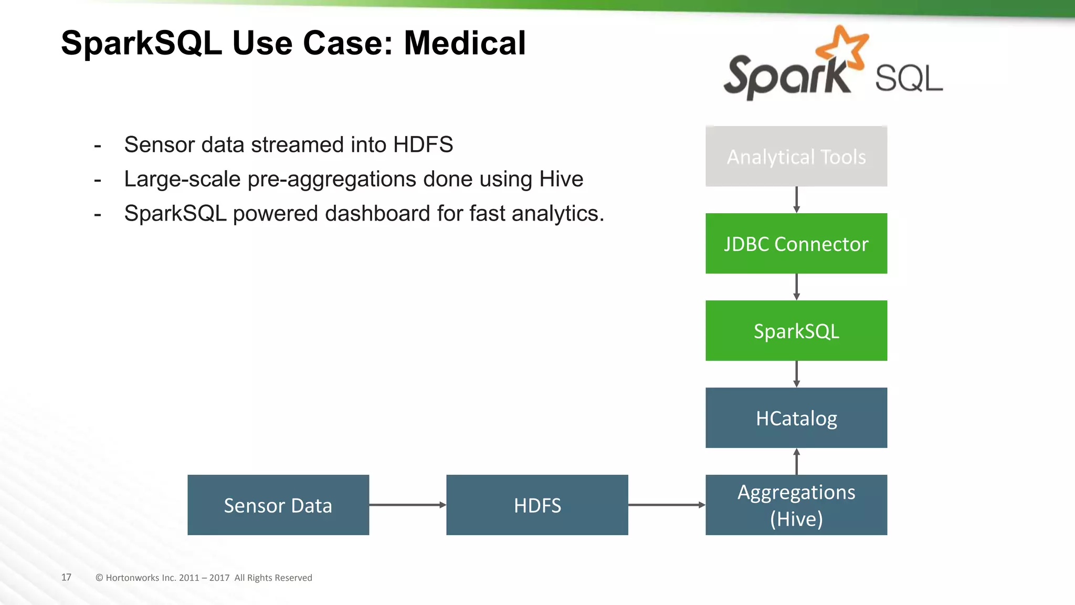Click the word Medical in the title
pyautogui.click(x=464, y=43)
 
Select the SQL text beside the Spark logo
pyautogui.click(x=909, y=79)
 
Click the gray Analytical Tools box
pyautogui.click(x=796, y=157)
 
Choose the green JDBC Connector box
pyautogui.click(x=796, y=244)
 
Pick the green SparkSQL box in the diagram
pyautogui.click(x=796, y=331)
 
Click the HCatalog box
pyautogui.click(x=796, y=418)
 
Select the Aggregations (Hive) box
pyautogui.click(x=796, y=505)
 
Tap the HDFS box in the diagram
pyautogui.click(x=537, y=505)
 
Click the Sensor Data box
pyautogui.click(x=278, y=505)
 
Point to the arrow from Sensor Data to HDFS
pyautogui.click(x=407, y=505)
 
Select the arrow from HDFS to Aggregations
pyautogui.click(x=667, y=505)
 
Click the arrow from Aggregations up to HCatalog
pyautogui.click(x=796, y=461)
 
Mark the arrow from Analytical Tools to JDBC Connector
pyautogui.click(x=796, y=200)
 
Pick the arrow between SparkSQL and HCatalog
pyautogui.click(x=796, y=374)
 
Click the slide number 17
pyautogui.click(x=66, y=577)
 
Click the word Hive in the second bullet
pyautogui.click(x=561, y=179)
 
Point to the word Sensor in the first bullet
pyautogui.click(x=160, y=144)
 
